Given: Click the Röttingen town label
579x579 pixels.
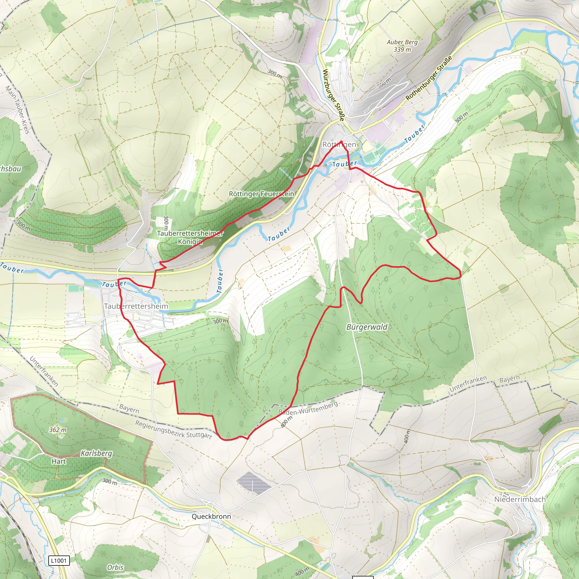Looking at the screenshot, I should pyautogui.click(x=339, y=144).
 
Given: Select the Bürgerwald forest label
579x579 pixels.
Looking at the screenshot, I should pyautogui.click(x=367, y=327).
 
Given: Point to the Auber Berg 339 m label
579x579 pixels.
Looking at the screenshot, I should pyautogui.click(x=402, y=46).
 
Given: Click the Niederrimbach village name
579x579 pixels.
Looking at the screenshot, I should pyautogui.click(x=520, y=499).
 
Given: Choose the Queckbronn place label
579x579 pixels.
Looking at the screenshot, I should pyautogui.click(x=211, y=516).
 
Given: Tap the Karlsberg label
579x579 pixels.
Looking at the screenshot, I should pyautogui.click(x=96, y=453).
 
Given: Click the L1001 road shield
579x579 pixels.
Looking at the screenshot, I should pyautogui.click(x=59, y=560).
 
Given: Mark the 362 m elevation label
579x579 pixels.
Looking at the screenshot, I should pyautogui.click(x=58, y=430).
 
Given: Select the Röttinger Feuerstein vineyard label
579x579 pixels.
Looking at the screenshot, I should pyautogui.click(x=261, y=194).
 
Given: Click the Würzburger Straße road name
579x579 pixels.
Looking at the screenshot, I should pyautogui.click(x=334, y=95).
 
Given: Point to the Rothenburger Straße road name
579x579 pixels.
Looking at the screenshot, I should pyautogui.click(x=429, y=78).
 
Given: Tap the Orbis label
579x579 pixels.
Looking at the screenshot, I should pyautogui.click(x=115, y=567).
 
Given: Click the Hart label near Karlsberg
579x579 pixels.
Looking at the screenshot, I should pyautogui.click(x=59, y=461).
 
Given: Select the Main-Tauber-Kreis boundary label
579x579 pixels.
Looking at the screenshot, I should pyautogui.click(x=18, y=109).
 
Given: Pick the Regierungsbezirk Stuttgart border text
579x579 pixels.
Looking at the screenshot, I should pyautogui.click(x=173, y=429).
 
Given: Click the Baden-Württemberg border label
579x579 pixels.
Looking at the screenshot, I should pyautogui.click(x=308, y=408).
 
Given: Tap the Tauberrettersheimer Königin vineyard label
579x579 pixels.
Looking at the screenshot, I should pyautogui.click(x=190, y=237).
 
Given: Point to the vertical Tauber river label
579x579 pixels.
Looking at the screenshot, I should pyautogui.click(x=220, y=281).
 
